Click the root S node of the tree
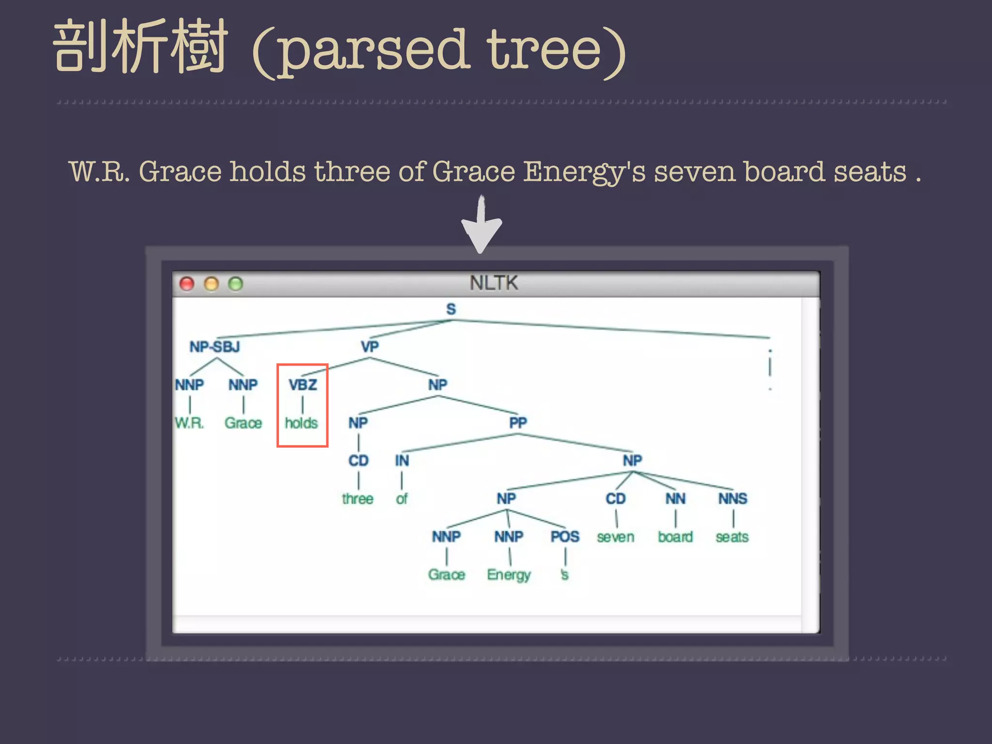click(451, 309)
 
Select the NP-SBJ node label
click(215, 347)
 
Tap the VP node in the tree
click(370, 347)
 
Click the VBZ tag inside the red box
click(303, 385)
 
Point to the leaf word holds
click(301, 423)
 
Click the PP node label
click(518, 423)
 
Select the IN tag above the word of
click(402, 461)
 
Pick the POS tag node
click(565, 537)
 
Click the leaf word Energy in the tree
click(509, 575)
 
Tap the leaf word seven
click(615, 537)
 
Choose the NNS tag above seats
click(732, 498)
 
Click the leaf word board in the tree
click(675, 537)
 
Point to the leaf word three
click(357, 499)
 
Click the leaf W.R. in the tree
click(189, 423)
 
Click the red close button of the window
click(187, 284)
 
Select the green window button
click(235, 284)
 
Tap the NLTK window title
click(494, 283)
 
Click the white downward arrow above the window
click(481, 225)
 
